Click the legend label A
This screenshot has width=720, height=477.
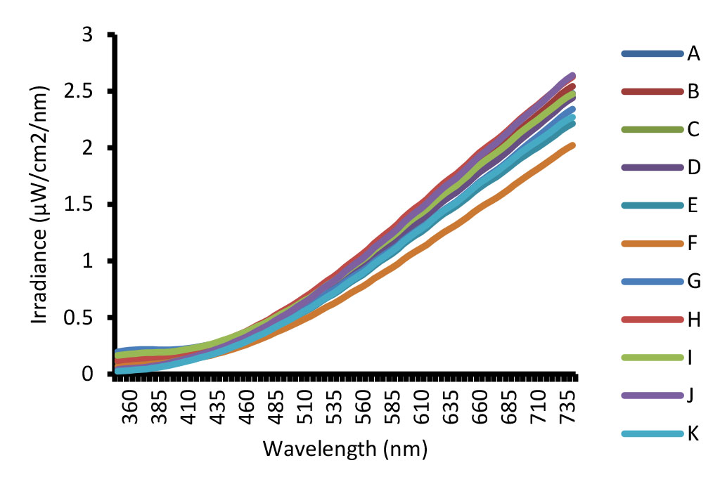tap(693, 53)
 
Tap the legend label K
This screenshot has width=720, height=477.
tap(693, 433)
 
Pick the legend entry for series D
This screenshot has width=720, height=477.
tap(661, 168)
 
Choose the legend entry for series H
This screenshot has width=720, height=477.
tap(661, 319)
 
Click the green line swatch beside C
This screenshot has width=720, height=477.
tap(652, 130)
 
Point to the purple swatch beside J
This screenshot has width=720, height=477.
tap(652, 396)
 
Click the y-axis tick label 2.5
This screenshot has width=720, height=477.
tap(79, 91)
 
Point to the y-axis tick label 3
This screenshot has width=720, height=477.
tap(87, 35)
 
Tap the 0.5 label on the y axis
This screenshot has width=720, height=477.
tap(79, 318)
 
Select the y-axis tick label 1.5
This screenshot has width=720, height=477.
tap(79, 204)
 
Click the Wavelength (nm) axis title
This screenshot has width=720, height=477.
tap(345, 449)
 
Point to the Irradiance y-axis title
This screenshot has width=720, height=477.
tap(39, 204)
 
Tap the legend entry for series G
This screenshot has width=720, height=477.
tap(661, 281)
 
